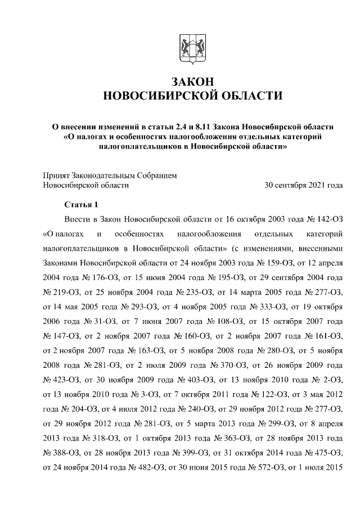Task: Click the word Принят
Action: [57, 175]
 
